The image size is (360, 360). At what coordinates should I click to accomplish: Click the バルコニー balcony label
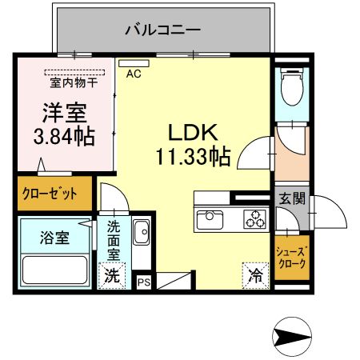click(x=162, y=30)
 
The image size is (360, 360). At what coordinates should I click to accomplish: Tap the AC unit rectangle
click(x=134, y=63)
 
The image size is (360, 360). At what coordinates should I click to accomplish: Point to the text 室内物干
click(x=74, y=82)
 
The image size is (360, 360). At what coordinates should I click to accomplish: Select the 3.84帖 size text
click(x=64, y=136)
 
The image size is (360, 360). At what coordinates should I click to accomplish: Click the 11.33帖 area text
click(x=193, y=157)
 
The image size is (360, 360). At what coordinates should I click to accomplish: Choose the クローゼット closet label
click(x=50, y=194)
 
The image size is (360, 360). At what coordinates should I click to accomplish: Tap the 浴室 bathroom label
click(x=54, y=238)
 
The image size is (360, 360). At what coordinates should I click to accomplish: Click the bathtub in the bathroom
click(x=55, y=270)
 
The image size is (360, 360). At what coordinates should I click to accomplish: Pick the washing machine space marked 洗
click(x=112, y=276)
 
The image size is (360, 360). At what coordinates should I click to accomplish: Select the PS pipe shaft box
click(x=144, y=282)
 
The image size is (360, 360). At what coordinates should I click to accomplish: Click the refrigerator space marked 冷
click(x=255, y=276)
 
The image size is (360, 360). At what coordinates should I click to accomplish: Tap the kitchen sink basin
click(x=210, y=220)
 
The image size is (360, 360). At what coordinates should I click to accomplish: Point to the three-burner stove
click(x=254, y=219)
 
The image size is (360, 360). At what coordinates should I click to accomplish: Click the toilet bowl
click(x=292, y=86)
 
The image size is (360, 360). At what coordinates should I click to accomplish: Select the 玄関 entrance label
click(x=292, y=198)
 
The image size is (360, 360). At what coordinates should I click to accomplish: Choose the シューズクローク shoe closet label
click(x=292, y=258)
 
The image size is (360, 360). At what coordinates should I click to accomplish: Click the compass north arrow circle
click(x=292, y=337)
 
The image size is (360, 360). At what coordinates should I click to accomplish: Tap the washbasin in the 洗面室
click(x=142, y=232)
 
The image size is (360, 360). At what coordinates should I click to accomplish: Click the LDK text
click(x=193, y=133)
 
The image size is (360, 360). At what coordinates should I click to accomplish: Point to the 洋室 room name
click(x=65, y=113)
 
